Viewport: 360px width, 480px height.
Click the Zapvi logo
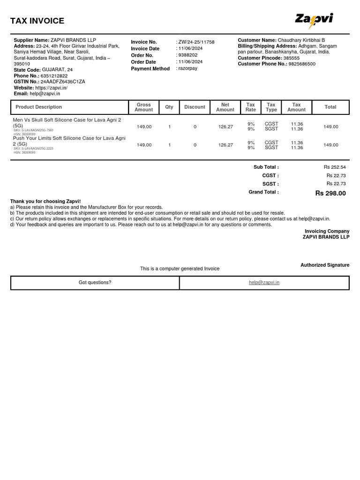(x=314, y=20)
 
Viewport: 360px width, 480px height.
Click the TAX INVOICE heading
(x=37, y=21)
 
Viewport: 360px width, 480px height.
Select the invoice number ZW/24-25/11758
(x=196, y=42)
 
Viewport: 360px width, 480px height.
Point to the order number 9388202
(x=188, y=55)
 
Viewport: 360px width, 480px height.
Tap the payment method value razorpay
(x=188, y=68)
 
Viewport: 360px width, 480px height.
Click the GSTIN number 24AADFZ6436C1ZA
(x=63, y=82)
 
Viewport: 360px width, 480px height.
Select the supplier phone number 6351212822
(x=54, y=76)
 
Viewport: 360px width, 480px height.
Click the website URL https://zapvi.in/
(x=52, y=88)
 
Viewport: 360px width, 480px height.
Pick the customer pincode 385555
(x=291, y=58)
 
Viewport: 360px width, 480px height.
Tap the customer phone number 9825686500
(x=302, y=64)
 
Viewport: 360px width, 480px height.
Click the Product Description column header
(x=38, y=107)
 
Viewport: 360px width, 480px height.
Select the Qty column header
(x=169, y=107)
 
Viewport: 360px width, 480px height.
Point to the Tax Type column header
(x=271, y=107)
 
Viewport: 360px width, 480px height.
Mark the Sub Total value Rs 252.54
(x=334, y=167)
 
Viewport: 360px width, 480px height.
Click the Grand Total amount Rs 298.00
(x=330, y=193)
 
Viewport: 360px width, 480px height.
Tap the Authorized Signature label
(x=325, y=265)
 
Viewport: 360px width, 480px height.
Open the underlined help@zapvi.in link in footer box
(x=264, y=283)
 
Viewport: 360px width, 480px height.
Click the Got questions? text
(x=95, y=283)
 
